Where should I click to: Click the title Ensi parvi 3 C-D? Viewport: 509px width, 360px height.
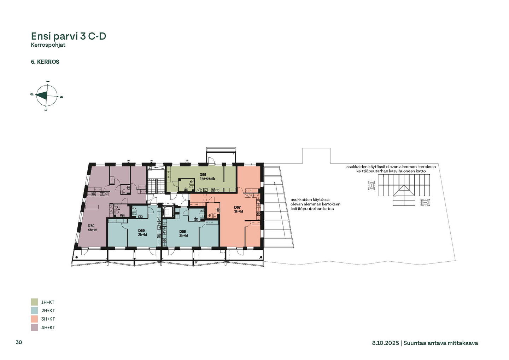[69, 36]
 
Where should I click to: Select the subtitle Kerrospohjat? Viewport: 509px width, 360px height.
[48, 45]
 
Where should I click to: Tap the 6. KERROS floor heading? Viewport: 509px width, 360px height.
[45, 62]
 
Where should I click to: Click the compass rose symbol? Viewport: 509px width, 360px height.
[47, 96]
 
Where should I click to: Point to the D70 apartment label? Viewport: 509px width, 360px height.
[92, 228]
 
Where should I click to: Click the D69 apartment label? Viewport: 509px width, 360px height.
[142, 232]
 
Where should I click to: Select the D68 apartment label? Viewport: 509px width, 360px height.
[183, 233]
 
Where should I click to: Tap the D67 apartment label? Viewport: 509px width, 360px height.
[239, 209]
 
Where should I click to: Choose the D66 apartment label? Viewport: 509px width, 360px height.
[207, 176]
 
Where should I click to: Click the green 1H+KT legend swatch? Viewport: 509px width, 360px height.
[34, 302]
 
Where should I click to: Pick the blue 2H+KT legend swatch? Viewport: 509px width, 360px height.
[34, 310]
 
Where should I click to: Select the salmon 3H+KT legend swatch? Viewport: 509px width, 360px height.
[34, 319]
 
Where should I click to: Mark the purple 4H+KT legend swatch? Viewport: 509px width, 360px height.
[34, 327]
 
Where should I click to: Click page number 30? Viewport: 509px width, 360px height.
[19, 342]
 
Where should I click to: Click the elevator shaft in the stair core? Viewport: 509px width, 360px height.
[168, 211]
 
